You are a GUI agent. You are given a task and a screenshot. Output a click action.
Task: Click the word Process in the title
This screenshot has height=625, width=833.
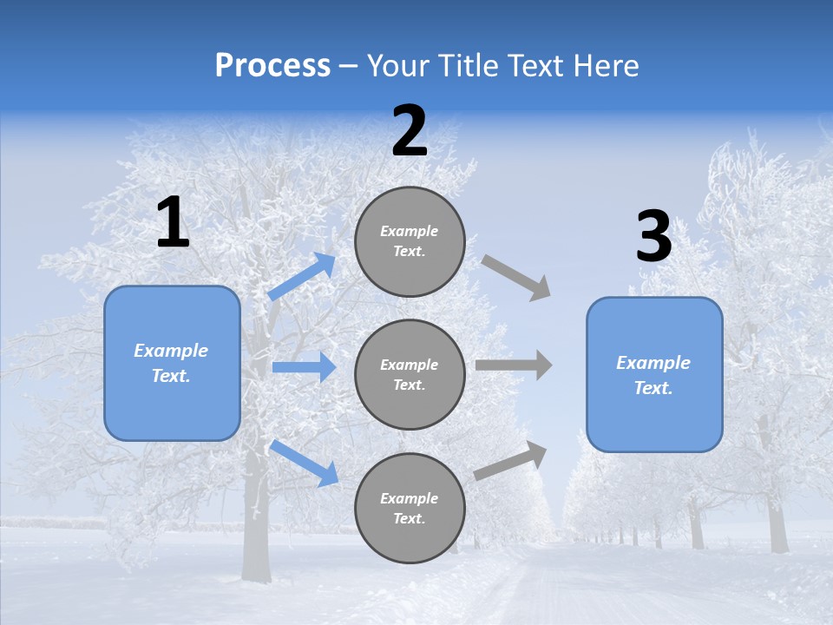tap(272, 66)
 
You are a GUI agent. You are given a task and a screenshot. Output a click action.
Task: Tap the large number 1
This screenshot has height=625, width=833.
tap(173, 223)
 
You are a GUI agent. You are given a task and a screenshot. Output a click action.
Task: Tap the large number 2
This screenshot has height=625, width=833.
tap(410, 131)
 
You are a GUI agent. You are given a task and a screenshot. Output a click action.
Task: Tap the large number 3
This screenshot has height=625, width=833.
tap(653, 238)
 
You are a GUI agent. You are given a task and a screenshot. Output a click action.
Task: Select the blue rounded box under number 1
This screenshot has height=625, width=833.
tap(172, 363)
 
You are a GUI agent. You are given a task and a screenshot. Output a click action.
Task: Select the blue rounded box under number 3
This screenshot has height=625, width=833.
tap(654, 374)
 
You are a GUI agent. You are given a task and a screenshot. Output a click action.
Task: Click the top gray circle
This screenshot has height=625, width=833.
tap(410, 240)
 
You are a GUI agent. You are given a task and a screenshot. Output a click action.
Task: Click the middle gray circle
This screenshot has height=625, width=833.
tap(410, 374)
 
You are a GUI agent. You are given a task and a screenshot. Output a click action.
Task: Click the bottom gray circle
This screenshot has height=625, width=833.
tap(410, 508)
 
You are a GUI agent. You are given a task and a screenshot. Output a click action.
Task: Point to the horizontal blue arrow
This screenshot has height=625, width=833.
tap(305, 367)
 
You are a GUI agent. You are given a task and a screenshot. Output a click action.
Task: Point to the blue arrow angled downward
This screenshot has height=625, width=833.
tap(305, 462)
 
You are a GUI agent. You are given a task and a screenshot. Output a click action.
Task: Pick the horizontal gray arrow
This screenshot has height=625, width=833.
tap(514, 365)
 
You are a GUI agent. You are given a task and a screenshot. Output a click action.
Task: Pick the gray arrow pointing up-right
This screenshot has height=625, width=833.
tap(511, 460)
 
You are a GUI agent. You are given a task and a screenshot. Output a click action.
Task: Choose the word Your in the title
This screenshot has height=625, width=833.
tap(396, 66)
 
